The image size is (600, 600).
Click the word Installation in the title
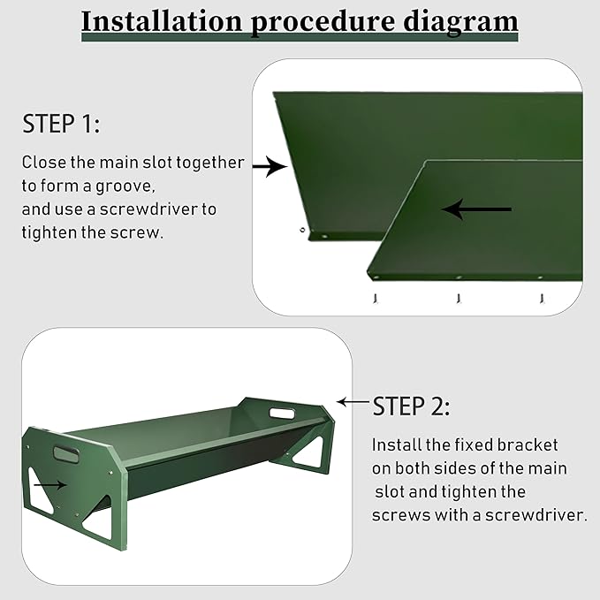(x=162, y=22)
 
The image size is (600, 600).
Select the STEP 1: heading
(x=61, y=124)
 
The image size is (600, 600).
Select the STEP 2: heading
(x=411, y=406)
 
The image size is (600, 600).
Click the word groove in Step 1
(x=125, y=186)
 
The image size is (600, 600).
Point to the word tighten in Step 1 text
(x=49, y=233)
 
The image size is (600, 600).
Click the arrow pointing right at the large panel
(x=270, y=166)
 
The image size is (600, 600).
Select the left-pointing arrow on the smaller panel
(x=476, y=209)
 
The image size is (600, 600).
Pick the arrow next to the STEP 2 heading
(x=353, y=402)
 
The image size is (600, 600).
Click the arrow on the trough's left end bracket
(x=50, y=485)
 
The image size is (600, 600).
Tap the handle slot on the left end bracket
(x=66, y=454)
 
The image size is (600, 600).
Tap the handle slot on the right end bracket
(x=283, y=414)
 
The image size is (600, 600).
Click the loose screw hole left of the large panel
(x=302, y=230)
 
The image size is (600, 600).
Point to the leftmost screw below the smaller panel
(x=376, y=298)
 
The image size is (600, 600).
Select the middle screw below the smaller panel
(x=459, y=298)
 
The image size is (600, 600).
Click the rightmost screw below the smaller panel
(x=542, y=298)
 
